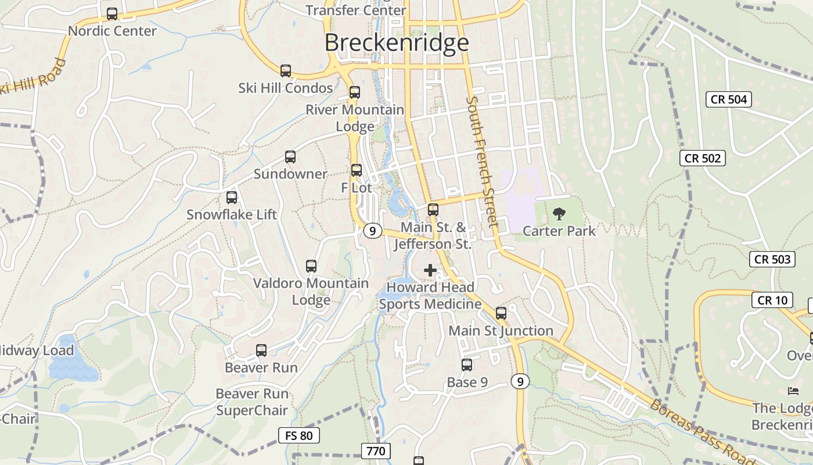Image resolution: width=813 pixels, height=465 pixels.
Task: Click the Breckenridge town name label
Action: coord(397,42)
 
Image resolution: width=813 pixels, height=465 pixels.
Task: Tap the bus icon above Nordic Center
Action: coord(112,14)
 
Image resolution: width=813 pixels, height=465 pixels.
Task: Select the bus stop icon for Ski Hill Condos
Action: coord(286,71)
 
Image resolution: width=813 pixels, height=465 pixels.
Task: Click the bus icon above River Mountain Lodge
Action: coord(355,92)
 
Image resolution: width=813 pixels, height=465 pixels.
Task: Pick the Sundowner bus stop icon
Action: coord(290,157)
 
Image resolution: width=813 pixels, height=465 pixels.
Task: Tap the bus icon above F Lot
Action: coord(357,170)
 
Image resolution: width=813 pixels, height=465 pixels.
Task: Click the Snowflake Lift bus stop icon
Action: coord(232,198)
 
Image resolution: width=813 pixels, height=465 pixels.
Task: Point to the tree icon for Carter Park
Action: coord(559,214)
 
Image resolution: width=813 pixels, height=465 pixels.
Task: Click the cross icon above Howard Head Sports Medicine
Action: coord(430,270)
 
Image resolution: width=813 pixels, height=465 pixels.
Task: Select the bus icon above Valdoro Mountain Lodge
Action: coord(311,266)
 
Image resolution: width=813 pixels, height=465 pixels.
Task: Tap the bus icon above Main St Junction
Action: coord(501,313)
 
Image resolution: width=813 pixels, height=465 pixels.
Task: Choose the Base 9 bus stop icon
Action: coord(467,365)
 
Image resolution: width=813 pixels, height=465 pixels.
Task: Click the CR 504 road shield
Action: coord(729,99)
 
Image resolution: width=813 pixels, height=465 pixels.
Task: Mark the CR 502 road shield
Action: coord(703,158)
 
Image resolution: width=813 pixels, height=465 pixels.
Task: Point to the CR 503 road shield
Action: coord(772,259)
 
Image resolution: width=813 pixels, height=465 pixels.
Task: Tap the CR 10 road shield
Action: coord(772,300)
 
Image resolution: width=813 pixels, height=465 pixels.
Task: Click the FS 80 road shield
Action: coord(299,435)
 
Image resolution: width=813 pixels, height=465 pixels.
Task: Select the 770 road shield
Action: coord(376,450)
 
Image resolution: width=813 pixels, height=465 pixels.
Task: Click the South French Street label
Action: coord(483,162)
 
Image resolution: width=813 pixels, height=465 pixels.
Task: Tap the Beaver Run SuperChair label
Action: coord(252,402)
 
